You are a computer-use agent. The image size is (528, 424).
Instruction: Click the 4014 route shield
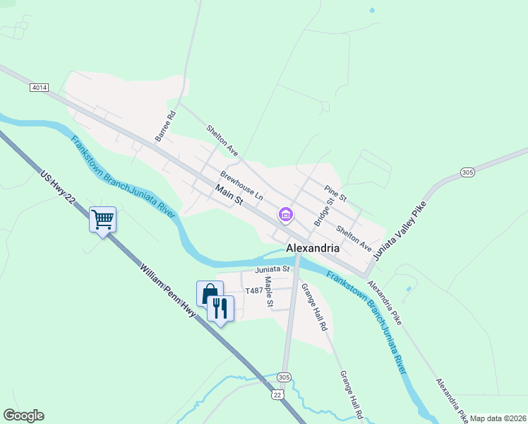[x=40, y=88]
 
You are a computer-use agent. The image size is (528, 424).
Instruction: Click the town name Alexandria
[x=313, y=249]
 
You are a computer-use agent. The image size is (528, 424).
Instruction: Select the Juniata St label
[x=272, y=269]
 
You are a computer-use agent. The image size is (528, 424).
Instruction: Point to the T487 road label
[x=253, y=290]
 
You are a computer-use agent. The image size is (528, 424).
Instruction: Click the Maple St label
[x=269, y=291]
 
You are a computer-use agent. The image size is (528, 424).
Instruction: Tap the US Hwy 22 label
[x=58, y=190]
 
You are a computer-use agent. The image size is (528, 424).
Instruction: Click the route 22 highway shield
[x=278, y=394]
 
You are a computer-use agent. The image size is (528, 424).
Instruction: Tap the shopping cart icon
[x=102, y=219]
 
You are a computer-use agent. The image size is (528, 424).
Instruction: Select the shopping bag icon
[x=210, y=293]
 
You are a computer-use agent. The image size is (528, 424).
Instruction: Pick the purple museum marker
[x=286, y=213]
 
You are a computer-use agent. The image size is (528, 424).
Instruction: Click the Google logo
[x=23, y=416]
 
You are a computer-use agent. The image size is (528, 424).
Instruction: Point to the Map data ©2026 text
[x=497, y=418]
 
